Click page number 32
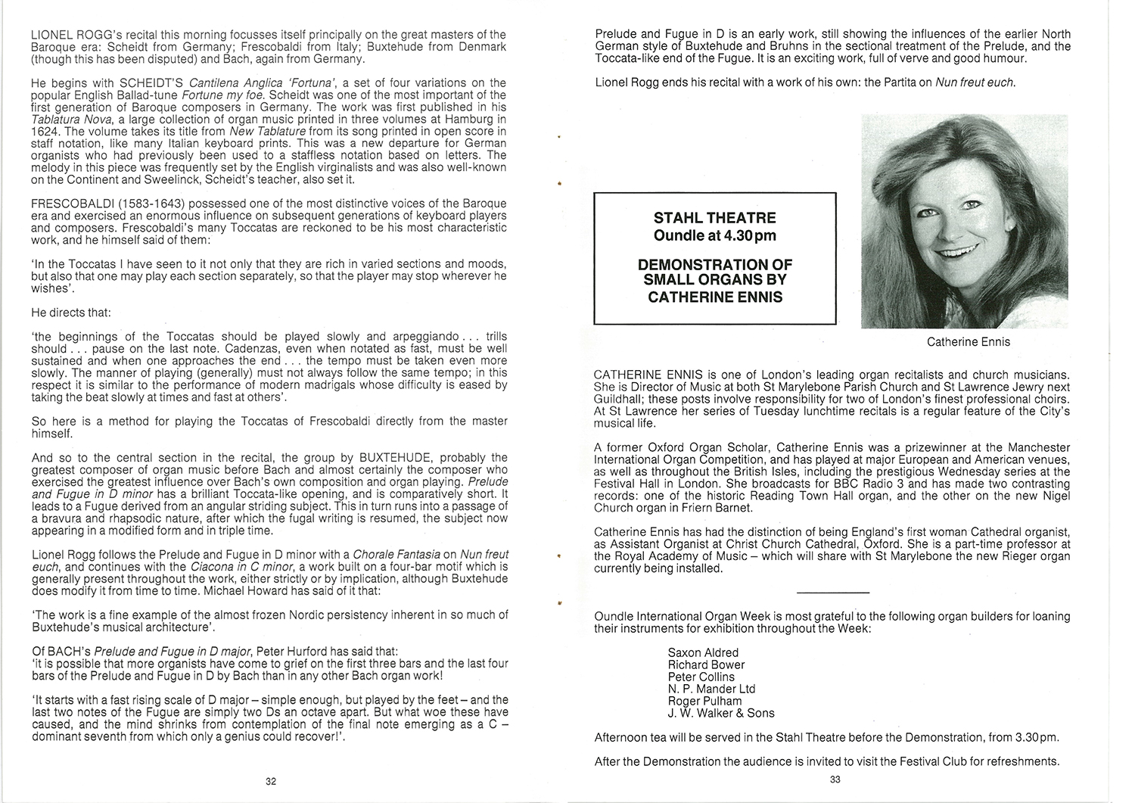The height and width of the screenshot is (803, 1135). (271, 782)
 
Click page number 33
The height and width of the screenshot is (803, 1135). (835, 780)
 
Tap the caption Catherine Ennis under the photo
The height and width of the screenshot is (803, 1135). (968, 342)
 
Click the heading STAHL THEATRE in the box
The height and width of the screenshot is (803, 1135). (714, 218)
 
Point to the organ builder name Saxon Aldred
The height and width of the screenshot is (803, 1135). (703, 652)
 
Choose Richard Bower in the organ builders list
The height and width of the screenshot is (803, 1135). (705, 664)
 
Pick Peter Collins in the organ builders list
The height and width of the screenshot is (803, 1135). (701, 677)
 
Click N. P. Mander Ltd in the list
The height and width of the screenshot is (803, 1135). (711, 689)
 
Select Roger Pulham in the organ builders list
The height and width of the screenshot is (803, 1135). (704, 701)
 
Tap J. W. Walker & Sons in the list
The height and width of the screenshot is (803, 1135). (721, 713)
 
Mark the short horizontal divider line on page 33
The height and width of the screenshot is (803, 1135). (833, 592)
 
